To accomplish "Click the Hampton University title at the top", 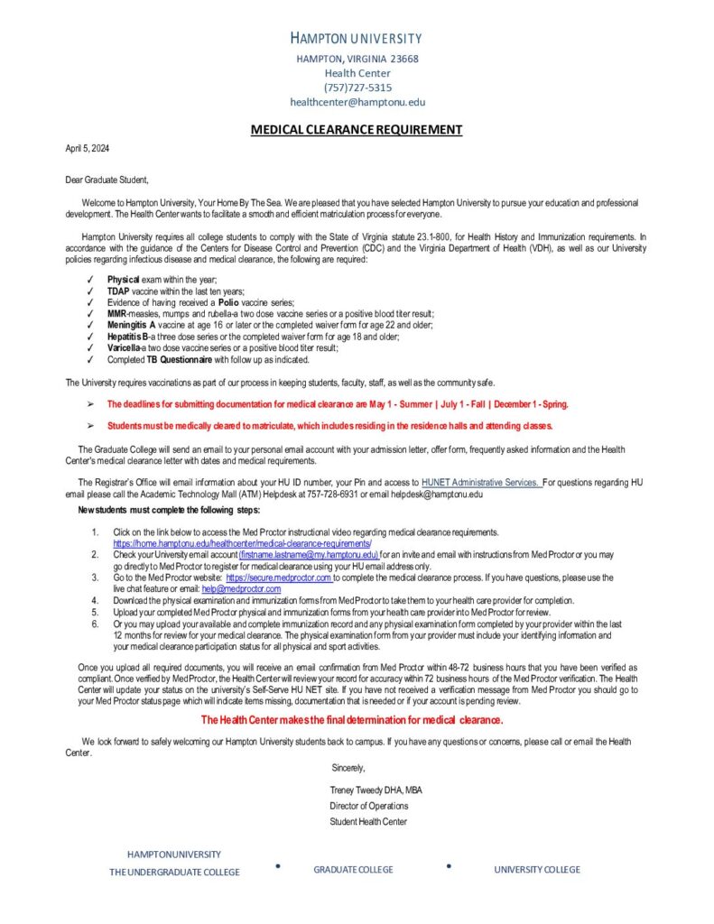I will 357,38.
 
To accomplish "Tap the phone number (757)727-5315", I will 357,88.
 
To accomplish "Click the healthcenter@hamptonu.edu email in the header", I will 357,102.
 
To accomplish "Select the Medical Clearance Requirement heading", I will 357,130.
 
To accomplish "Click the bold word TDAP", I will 118,291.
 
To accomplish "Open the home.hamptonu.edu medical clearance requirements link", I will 242,544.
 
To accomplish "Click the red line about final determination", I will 352,719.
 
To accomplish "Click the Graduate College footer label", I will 353,870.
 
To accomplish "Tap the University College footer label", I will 537,870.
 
